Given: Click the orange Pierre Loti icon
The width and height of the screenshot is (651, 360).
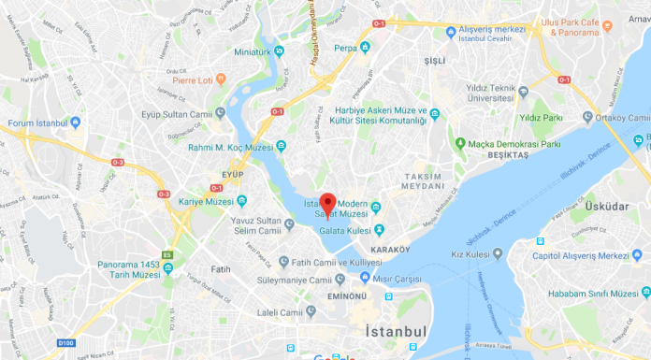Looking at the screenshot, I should tap(220, 79).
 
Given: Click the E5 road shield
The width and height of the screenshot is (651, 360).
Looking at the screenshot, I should tap(167, 254).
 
